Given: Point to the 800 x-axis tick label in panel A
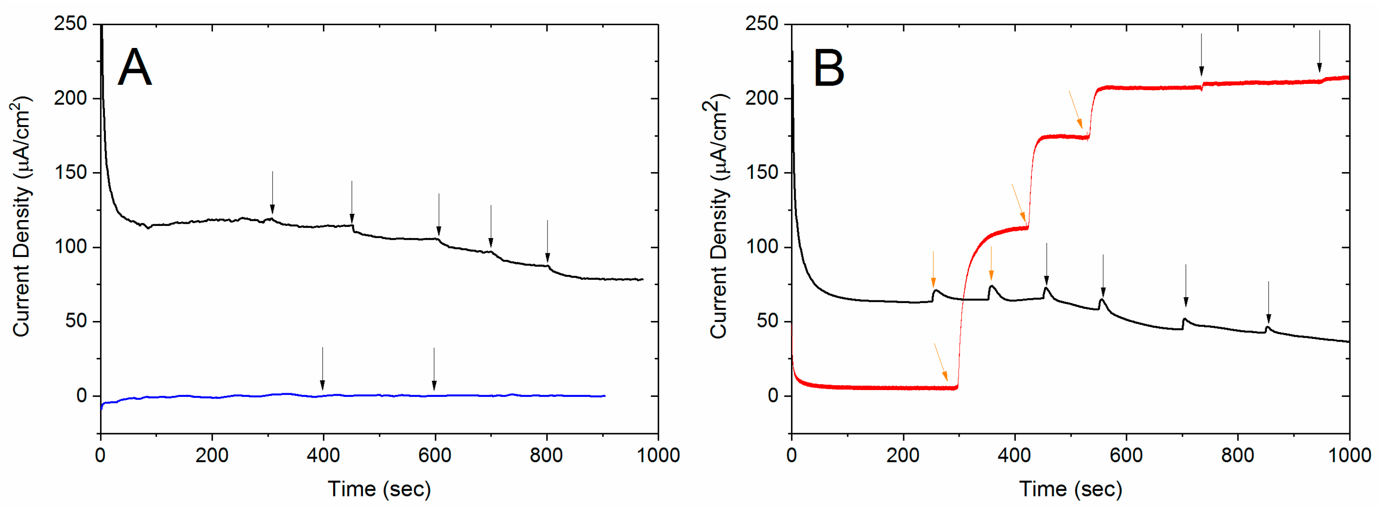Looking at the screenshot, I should click(x=546, y=456).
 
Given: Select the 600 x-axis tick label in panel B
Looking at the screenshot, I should click(x=1126, y=456).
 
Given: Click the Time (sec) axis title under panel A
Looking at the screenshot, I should click(x=379, y=489).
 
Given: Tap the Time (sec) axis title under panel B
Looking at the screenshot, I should click(x=1070, y=489).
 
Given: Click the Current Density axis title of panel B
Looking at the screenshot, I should click(x=719, y=217).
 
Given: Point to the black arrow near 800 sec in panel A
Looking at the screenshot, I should click(x=547, y=241).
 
